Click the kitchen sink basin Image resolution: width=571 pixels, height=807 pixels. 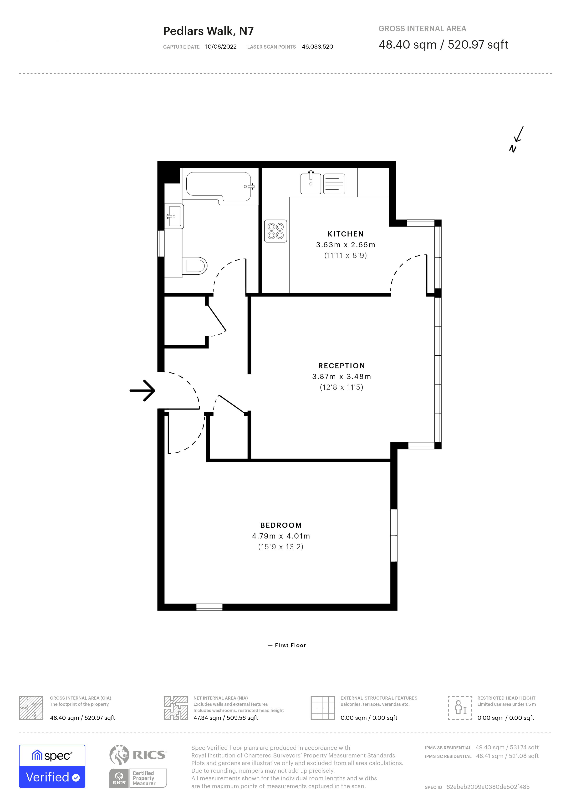pos(311,183)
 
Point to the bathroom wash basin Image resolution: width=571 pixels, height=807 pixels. pos(174,216)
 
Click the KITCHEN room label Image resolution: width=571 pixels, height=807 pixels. pos(345,234)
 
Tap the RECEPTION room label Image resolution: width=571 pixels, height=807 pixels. pos(342,366)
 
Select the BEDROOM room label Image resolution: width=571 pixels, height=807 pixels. pos(281,525)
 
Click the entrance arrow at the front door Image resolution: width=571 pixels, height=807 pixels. pos(143,390)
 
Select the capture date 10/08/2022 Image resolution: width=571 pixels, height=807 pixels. pos(221,47)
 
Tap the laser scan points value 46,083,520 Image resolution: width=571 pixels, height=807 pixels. pos(317,47)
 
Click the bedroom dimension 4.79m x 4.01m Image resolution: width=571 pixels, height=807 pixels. pos(281,536)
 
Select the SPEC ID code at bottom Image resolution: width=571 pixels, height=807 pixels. pos(488,787)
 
